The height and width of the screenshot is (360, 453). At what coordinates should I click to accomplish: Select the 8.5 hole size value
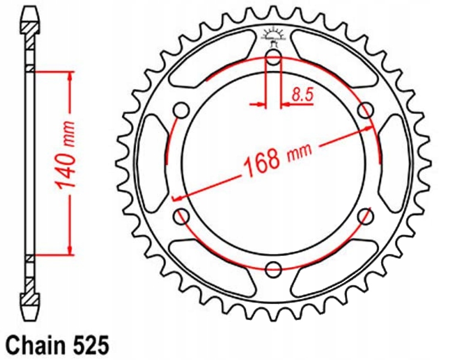click(x=302, y=95)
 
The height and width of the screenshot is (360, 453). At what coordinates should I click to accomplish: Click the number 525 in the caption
click(x=88, y=345)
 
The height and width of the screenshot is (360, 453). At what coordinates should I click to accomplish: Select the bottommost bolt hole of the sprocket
click(x=273, y=270)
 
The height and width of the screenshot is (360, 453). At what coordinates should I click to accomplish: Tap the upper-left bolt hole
click(x=181, y=111)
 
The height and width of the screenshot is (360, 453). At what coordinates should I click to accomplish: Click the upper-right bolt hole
click(x=366, y=111)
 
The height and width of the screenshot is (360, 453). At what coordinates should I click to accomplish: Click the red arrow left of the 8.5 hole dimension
click(x=257, y=103)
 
